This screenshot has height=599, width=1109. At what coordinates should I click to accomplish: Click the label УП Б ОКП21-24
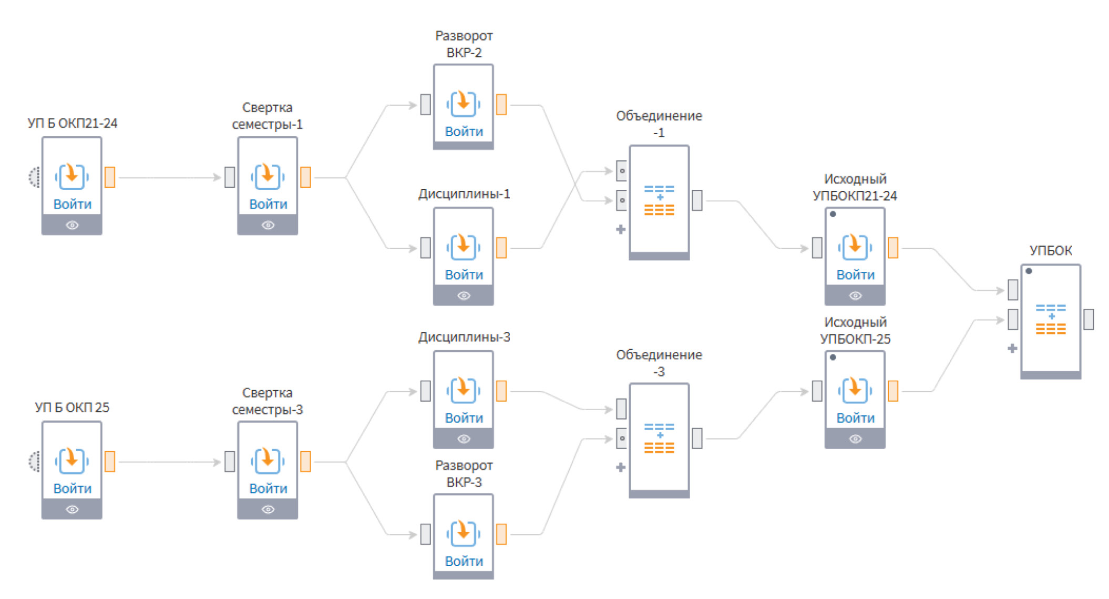coord(72,123)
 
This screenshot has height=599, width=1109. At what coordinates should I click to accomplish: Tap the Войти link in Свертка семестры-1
coord(268,204)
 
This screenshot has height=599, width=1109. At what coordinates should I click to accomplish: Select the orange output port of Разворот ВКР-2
coord(501,104)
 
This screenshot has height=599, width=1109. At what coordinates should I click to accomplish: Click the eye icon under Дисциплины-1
coord(464,296)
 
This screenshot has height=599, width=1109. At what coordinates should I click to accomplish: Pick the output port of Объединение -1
coord(697,200)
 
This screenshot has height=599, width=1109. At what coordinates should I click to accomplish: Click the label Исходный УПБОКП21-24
coord(855,187)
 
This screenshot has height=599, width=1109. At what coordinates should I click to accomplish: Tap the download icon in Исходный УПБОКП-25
coord(855,389)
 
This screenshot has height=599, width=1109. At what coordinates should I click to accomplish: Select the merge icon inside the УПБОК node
coord(1050,319)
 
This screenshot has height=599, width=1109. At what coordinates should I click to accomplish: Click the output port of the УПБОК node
coord(1089,319)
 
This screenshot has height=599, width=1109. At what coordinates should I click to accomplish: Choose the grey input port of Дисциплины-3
coord(426,391)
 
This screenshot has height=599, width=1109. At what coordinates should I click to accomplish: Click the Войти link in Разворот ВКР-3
coord(464,561)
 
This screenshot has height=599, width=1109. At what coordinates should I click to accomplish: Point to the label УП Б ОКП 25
coord(72,408)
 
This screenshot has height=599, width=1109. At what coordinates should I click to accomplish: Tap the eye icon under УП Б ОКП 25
coord(73,509)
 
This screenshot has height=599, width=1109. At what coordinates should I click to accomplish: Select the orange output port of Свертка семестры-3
coord(305,461)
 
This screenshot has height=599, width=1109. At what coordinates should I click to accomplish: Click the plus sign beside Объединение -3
coord(621,468)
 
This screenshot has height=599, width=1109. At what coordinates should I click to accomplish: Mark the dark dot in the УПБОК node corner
coord(1029,271)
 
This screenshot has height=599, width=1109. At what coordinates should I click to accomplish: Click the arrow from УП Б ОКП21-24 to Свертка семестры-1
coord(168,178)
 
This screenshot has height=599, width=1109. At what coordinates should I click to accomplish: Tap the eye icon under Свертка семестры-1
coord(268,225)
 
